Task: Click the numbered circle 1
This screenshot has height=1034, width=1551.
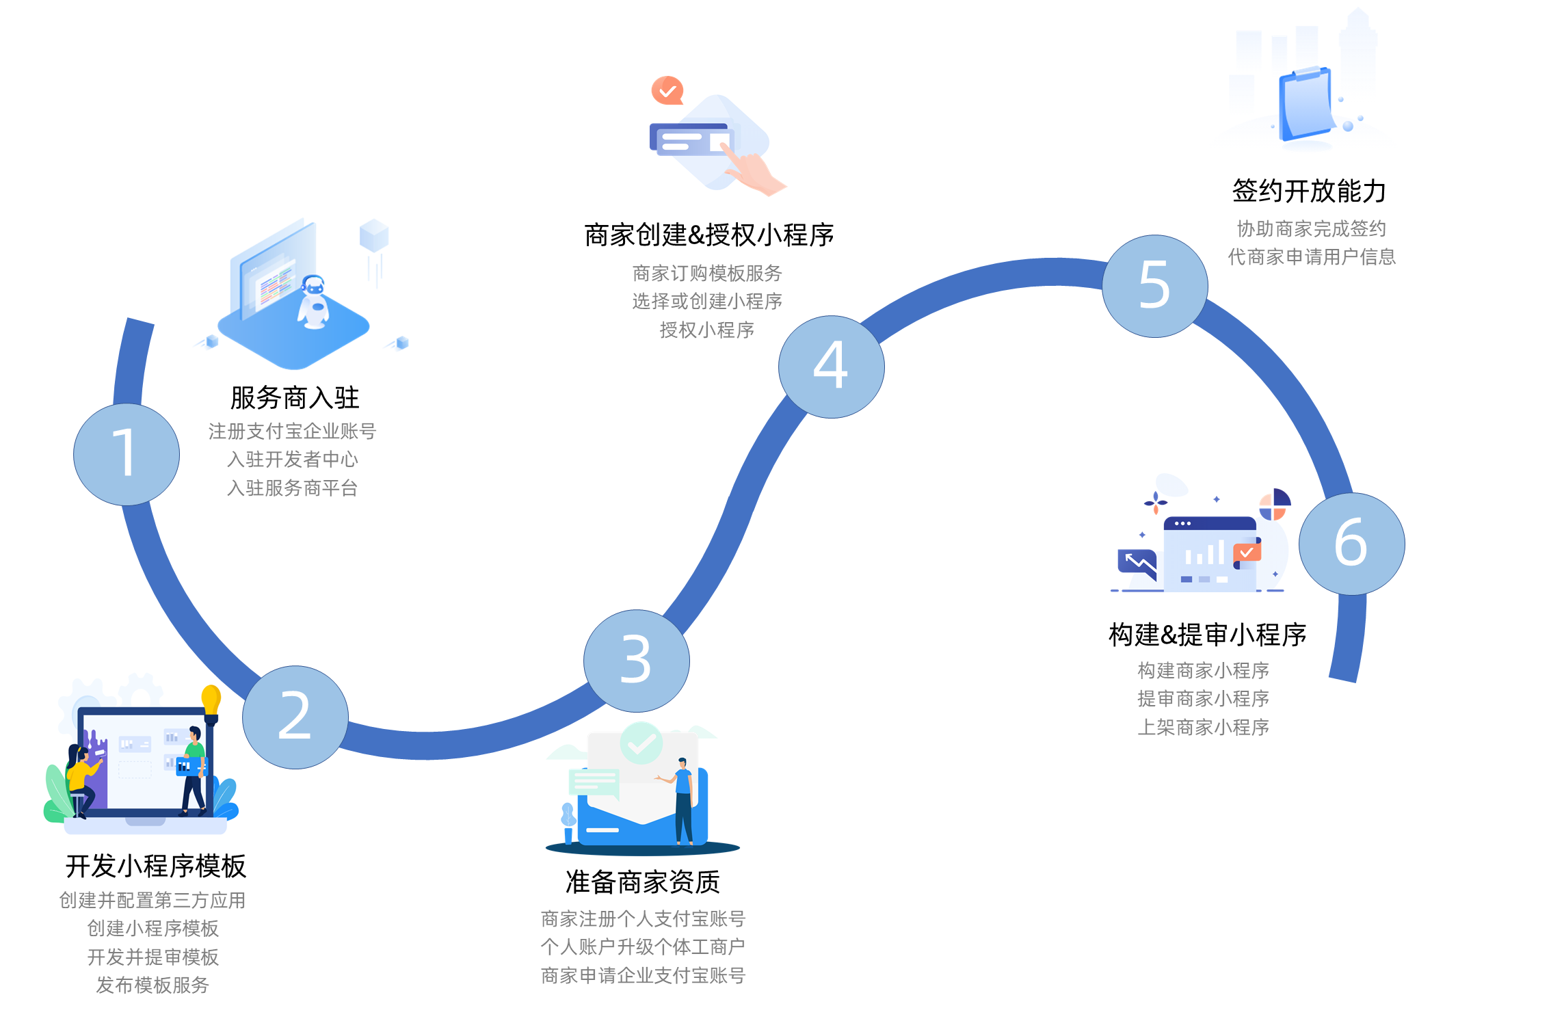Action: pyautogui.click(x=127, y=454)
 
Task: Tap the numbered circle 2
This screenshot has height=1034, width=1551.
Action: pyautogui.click(x=295, y=717)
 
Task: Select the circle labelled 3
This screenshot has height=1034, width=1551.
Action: pyautogui.click(x=636, y=661)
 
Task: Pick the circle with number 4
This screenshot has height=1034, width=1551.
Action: pyautogui.click(x=831, y=367)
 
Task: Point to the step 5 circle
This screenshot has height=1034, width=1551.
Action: pyautogui.click(x=1154, y=286)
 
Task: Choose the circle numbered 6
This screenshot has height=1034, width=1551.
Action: pyautogui.click(x=1351, y=544)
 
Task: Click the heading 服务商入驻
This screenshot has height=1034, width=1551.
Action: pyautogui.click(x=295, y=397)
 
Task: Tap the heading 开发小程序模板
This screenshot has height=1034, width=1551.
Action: pyautogui.click(x=155, y=866)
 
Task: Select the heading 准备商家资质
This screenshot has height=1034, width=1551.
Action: pyautogui.click(x=642, y=882)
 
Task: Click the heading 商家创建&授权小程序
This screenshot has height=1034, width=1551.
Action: pyautogui.click(x=708, y=235)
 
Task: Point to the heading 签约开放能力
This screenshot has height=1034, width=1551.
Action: pyautogui.click(x=1309, y=191)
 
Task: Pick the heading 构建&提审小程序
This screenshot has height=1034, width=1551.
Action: pyautogui.click(x=1207, y=635)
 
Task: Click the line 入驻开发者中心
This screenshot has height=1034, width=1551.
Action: pyautogui.click(x=292, y=459)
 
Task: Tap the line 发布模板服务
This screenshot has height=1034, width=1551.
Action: pyautogui.click(x=152, y=985)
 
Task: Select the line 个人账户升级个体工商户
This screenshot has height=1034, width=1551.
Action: pyautogui.click(x=642, y=946)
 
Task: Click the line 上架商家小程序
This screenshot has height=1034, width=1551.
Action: pyautogui.click(x=1203, y=727)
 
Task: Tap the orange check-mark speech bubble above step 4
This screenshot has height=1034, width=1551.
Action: pyautogui.click(x=667, y=90)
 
